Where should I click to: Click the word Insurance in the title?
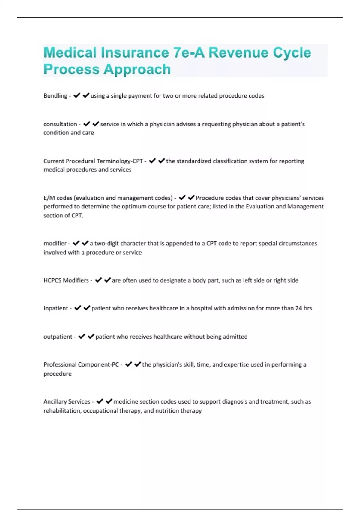pos(135,53)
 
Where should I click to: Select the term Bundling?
pos(55,96)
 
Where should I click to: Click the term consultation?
pos(60,124)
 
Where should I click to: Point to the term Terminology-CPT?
pos(119,161)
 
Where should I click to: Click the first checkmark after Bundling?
pos(77,95)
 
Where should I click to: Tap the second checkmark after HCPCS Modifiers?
pos(107,280)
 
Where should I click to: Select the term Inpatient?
pos(56,308)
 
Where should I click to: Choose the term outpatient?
pos(58,337)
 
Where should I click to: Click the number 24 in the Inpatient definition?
pos(298,308)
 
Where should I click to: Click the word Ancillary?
pos(55,402)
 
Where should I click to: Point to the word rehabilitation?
pos(62,411)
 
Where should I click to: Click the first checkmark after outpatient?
pos(82,337)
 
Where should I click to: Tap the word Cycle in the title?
pos(292,53)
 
